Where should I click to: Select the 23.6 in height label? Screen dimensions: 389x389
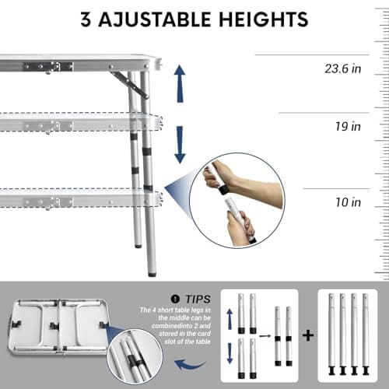point(343,68)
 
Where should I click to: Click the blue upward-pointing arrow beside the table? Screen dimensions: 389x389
point(180,80)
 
